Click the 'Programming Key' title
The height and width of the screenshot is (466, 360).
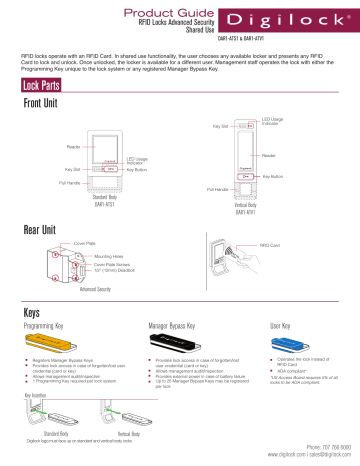coord(48,325)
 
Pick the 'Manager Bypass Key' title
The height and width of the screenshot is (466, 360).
coord(176,325)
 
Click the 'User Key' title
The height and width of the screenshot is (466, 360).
coord(286,325)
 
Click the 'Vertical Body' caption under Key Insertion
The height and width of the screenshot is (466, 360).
coord(129,433)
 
